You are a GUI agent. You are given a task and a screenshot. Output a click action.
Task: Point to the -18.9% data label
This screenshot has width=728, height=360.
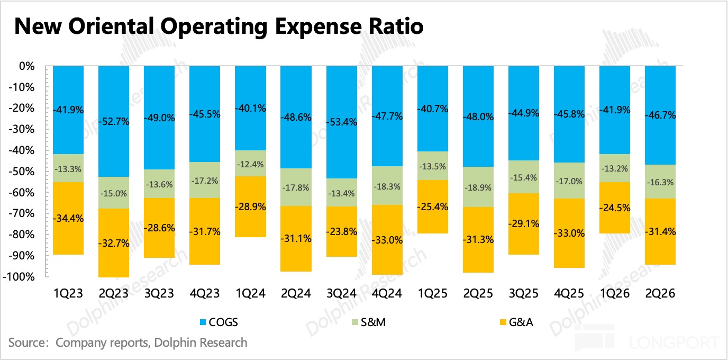(478, 187)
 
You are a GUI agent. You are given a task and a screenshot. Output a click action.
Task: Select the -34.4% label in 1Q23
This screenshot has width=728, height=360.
(68, 218)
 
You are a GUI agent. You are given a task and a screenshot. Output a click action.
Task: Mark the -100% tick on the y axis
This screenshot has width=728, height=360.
(20, 277)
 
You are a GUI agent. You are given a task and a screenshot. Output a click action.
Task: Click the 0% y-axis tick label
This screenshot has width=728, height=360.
(26, 67)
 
